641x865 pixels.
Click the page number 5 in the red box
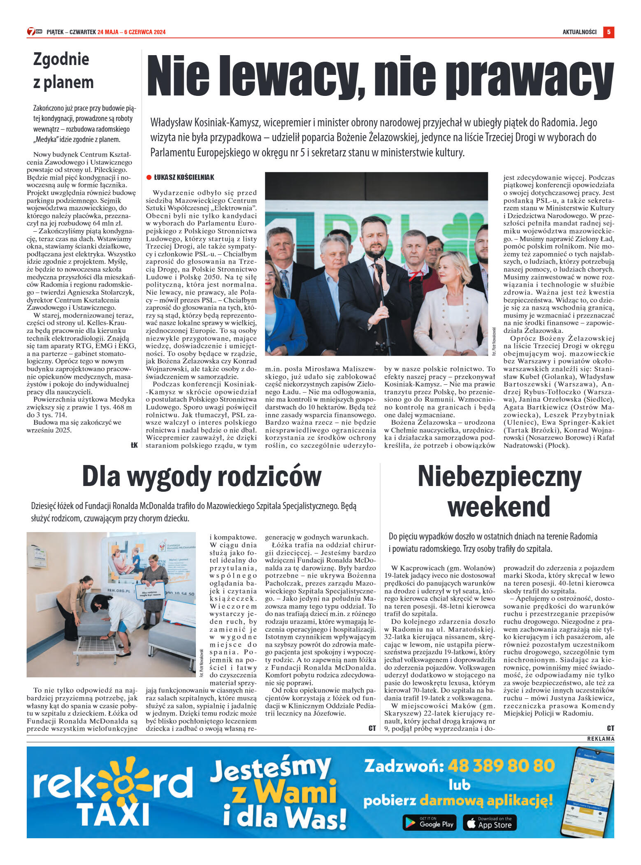click(608, 32)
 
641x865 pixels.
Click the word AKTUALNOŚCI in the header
click(579, 32)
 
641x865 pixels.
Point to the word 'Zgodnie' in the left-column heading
click(61, 59)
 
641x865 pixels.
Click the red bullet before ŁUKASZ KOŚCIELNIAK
click(149, 177)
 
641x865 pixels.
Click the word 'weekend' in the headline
click(499, 506)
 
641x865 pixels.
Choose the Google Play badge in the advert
click(429, 823)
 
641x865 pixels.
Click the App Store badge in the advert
click(490, 823)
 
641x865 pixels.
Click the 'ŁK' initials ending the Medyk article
click(134, 445)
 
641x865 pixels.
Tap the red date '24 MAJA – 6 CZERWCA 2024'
click(132, 32)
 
